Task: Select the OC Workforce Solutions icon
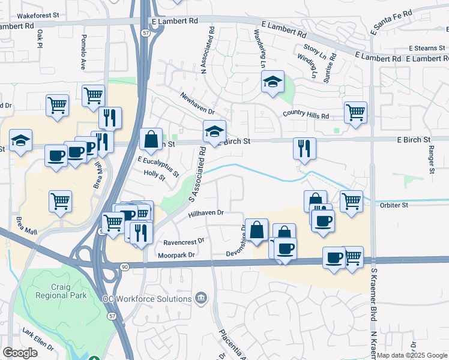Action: coord(202,298)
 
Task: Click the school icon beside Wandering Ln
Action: coord(273,82)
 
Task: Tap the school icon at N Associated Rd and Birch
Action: coord(214,133)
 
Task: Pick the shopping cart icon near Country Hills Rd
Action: coord(355,112)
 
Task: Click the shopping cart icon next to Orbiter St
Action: coord(351,201)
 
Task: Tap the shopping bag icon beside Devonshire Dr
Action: coord(256,230)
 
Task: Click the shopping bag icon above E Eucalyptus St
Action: coord(151,139)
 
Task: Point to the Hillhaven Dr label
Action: coord(205,213)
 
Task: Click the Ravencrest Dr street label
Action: coord(184,242)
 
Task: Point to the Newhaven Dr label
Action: coord(197,103)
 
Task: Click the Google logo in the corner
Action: coord(20,353)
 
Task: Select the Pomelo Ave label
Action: coord(83,52)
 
